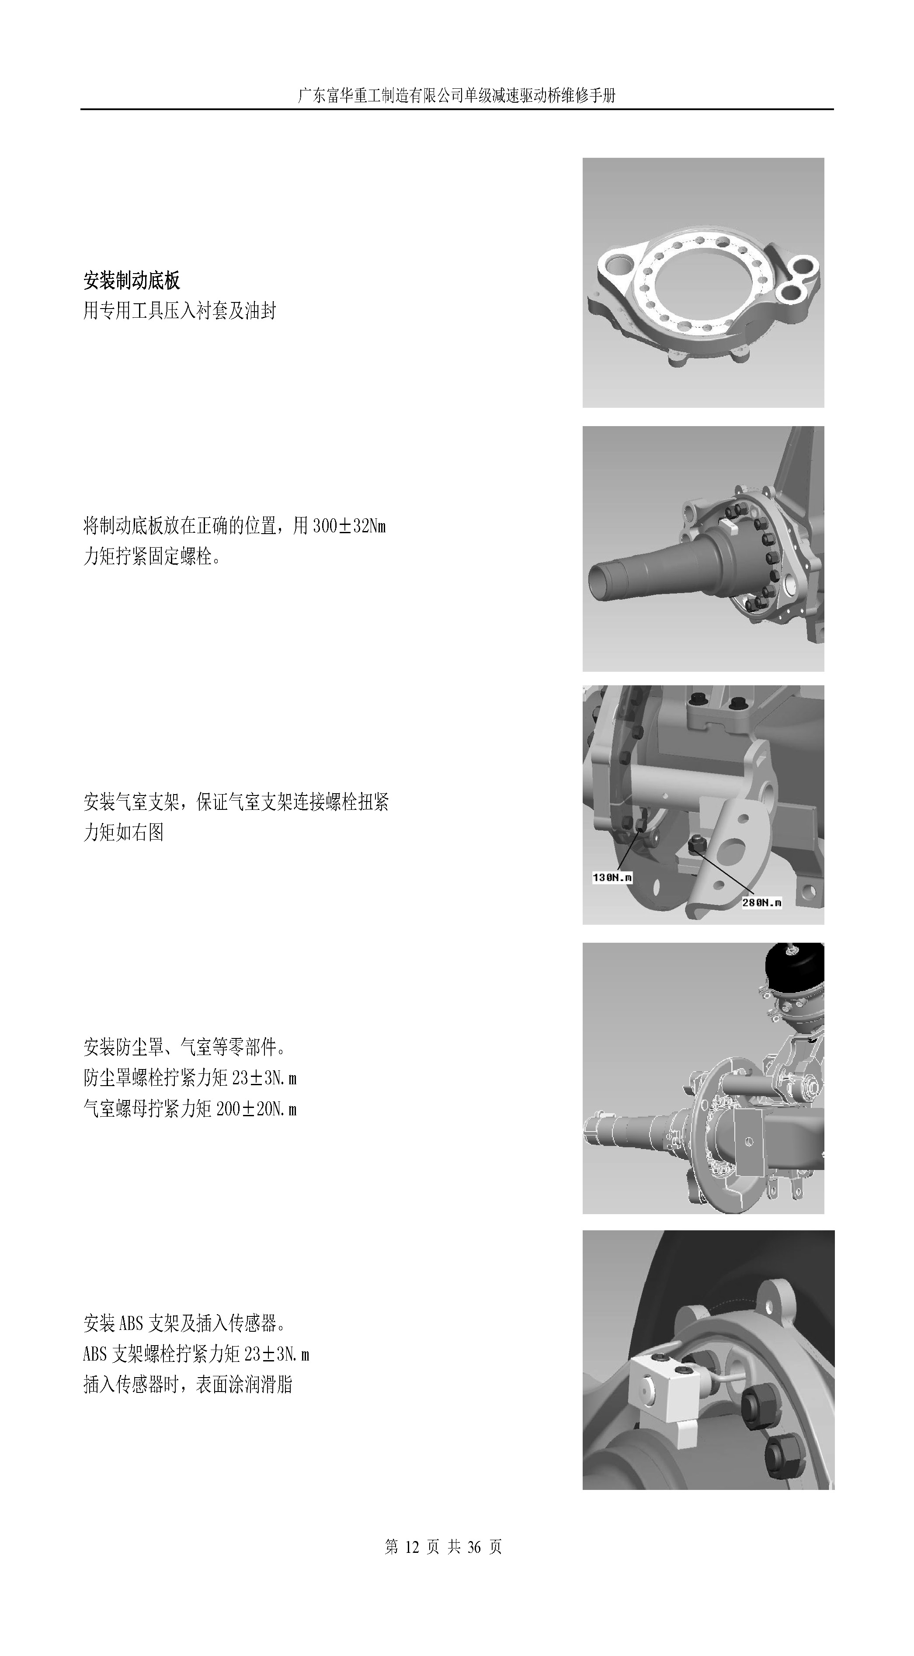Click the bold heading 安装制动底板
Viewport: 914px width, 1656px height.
[x=132, y=280]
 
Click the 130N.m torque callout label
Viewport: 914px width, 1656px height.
[x=612, y=877]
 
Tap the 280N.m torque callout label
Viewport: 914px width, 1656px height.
[x=761, y=903]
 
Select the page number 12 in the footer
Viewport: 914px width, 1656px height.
[x=411, y=1547]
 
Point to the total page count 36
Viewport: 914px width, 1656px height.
[x=474, y=1547]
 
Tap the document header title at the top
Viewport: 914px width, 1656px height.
[x=457, y=96]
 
